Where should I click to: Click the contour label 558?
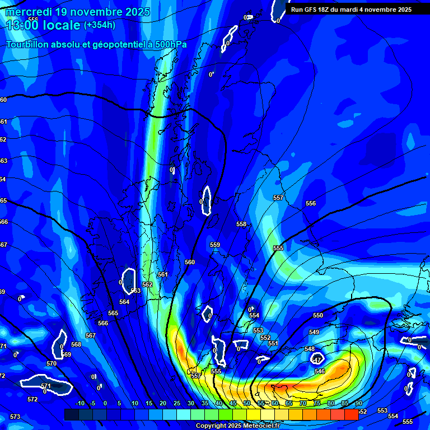241,224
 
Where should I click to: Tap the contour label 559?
215,245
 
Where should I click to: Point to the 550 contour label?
318,315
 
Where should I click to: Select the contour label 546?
320,371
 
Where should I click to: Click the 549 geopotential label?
314,332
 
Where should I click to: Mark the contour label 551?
273,343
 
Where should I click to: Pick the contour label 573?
15,417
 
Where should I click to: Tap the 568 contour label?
76,344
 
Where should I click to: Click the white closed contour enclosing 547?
318,358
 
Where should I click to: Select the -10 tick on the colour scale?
80,404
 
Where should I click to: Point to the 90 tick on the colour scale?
358,404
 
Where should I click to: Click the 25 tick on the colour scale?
177,404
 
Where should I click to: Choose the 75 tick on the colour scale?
317,404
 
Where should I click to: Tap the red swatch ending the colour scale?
351,414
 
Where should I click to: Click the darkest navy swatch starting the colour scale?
72,414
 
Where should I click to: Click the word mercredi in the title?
29,12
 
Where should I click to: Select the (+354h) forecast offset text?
100,25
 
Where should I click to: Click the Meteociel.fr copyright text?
246,426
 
